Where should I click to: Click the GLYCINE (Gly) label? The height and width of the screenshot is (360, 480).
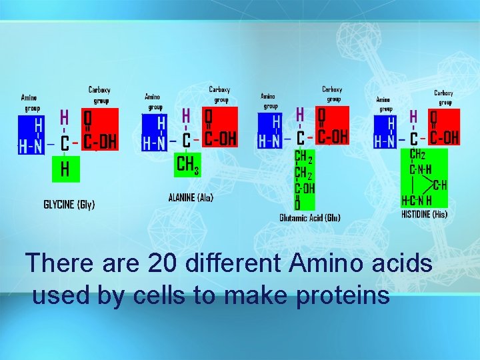pyautogui.click(x=69, y=204)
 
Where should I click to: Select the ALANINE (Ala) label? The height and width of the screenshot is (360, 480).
pyautogui.click(x=191, y=198)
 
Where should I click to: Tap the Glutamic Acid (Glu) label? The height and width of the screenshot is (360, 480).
pyautogui.click(x=310, y=218)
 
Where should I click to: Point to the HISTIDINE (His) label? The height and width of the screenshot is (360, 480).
pyautogui.click(x=424, y=214)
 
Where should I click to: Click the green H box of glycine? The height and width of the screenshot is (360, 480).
pyautogui.click(x=65, y=169)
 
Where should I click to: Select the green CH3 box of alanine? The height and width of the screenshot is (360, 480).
pyautogui.click(x=187, y=163)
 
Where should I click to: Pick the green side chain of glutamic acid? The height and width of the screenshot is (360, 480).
pyautogui.click(x=305, y=179)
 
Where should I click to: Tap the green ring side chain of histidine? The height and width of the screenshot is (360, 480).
pyautogui.click(x=424, y=177)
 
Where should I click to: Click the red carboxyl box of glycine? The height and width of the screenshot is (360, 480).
pyautogui.click(x=99, y=130)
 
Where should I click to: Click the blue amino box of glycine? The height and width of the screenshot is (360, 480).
pyautogui.click(x=33, y=135)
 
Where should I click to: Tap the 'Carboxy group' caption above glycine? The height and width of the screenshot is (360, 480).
pyautogui.click(x=100, y=95)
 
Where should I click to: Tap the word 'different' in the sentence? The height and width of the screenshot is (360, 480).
pyautogui.click(x=234, y=263)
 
